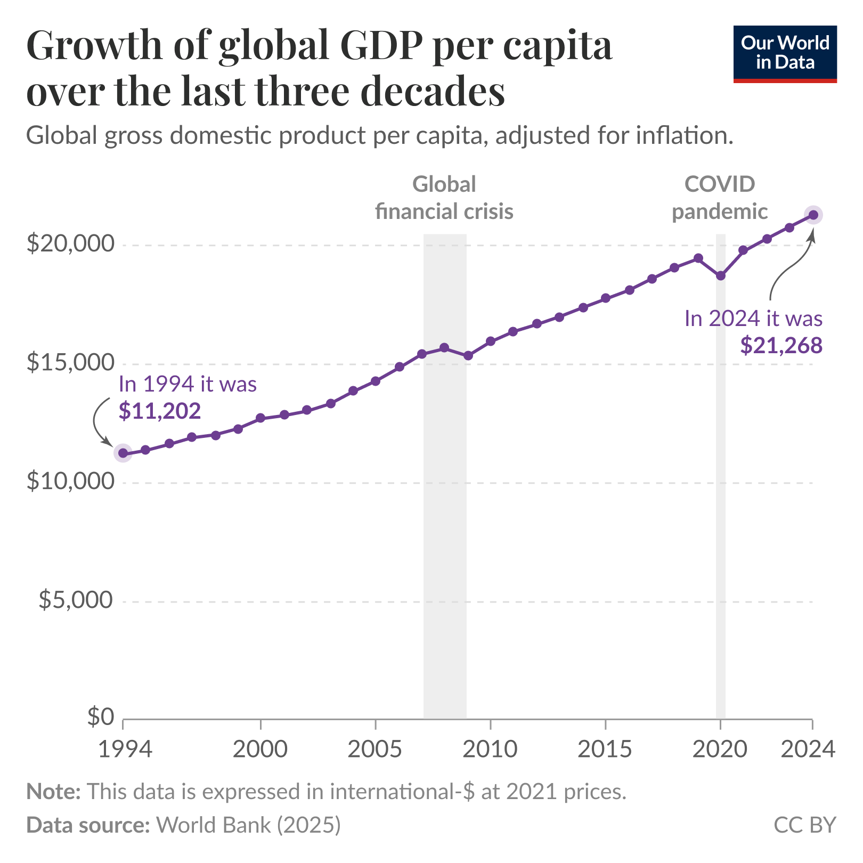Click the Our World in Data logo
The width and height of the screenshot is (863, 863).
[785, 54]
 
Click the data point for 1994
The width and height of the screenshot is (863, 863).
[123, 453]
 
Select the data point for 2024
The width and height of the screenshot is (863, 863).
[813, 215]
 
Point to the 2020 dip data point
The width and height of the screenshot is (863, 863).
[721, 275]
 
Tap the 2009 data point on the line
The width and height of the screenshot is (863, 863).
[468, 355]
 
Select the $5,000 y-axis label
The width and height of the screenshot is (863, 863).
[76, 600]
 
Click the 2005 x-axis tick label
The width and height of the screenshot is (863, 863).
[375, 750]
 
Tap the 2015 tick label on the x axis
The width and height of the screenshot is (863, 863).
[605, 750]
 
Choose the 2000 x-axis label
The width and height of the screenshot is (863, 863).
[260, 750]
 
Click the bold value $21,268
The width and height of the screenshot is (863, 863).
[781, 346]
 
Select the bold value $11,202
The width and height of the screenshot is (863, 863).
[160, 411]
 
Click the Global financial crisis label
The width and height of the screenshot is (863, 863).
[444, 198]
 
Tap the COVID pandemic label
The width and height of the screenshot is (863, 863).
[720, 198]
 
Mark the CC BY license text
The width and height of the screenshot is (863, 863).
[805, 825]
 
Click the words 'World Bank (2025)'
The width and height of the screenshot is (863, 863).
[248, 825]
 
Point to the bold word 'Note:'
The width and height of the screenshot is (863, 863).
[53, 792]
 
